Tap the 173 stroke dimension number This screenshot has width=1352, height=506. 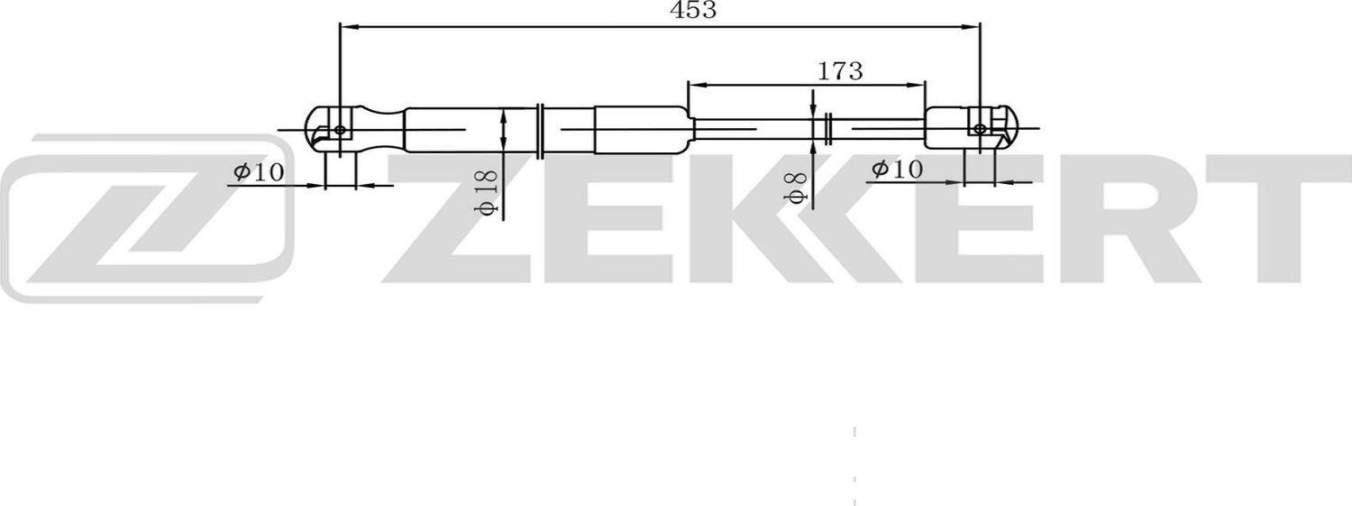[x=839, y=71]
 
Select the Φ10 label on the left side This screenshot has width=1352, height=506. [x=258, y=171]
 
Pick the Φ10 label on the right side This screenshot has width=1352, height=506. [x=897, y=169]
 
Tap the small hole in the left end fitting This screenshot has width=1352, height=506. [x=340, y=130]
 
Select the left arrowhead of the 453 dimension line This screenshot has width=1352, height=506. [x=348, y=27]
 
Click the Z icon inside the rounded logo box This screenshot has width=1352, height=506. [x=149, y=219]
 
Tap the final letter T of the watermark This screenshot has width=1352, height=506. [x=1276, y=219]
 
